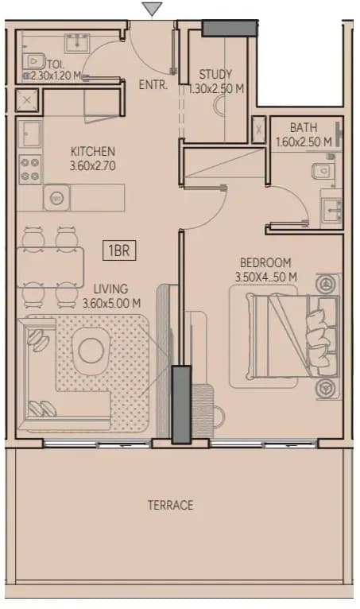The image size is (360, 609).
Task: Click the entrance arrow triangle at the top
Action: pos(152,9)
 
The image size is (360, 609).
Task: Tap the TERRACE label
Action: pos(171,505)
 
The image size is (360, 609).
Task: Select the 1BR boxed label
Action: pos(119,250)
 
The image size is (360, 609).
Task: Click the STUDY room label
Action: pos(215,74)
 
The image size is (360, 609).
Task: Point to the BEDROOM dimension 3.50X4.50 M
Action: pos(266,277)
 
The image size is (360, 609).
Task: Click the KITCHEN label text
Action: pos(93,151)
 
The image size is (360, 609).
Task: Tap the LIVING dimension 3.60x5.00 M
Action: pos(111,303)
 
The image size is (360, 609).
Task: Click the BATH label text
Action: pos(304,127)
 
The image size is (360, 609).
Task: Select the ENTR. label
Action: pos(153,84)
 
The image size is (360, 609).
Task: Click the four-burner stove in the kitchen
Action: pos(30,169)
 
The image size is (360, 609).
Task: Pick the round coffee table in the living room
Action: pos(91,351)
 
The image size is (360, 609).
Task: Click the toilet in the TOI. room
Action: pos(34,61)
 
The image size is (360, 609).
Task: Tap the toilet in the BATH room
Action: pos(323,170)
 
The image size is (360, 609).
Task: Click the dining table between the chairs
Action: pos(50,267)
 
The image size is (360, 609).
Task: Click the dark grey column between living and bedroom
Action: pos(181,405)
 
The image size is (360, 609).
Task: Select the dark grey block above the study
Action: pos(230,29)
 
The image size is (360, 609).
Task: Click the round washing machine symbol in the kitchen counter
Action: pos(56,198)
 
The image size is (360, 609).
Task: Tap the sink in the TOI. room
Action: pos(77,43)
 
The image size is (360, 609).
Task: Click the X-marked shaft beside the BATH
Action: pos(259,130)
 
